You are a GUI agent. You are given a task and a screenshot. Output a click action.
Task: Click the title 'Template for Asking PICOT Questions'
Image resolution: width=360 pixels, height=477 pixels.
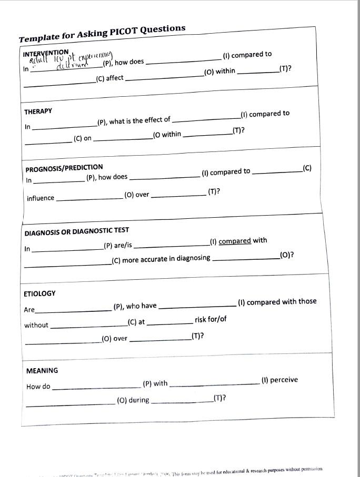(102, 33)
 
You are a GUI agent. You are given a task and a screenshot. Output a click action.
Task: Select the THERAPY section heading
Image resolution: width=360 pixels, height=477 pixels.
(38, 111)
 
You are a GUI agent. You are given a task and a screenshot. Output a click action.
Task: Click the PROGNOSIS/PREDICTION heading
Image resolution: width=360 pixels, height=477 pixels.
(64, 168)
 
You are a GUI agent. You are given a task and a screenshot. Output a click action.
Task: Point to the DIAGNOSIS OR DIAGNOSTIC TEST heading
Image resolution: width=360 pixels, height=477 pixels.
(76, 231)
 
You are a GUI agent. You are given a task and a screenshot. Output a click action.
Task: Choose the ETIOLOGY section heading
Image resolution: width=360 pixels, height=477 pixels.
(39, 293)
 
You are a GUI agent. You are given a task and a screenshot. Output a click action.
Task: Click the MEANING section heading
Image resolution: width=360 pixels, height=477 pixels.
(42, 371)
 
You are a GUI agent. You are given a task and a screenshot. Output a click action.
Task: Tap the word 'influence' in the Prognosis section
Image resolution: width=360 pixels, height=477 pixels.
(41, 198)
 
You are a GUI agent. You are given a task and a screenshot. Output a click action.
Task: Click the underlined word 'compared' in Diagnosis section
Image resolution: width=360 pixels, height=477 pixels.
(235, 241)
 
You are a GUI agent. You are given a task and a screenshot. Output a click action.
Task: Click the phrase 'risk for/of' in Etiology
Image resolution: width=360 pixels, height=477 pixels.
(211, 320)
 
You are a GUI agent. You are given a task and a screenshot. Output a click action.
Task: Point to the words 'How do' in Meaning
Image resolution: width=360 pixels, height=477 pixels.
(38, 387)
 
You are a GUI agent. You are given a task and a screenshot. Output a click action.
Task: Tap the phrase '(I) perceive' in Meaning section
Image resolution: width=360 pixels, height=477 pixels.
(279, 380)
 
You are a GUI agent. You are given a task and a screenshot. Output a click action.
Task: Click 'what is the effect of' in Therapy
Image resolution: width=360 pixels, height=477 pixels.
(139, 120)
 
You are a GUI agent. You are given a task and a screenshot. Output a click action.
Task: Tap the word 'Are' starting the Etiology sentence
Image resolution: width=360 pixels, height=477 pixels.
(29, 310)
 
